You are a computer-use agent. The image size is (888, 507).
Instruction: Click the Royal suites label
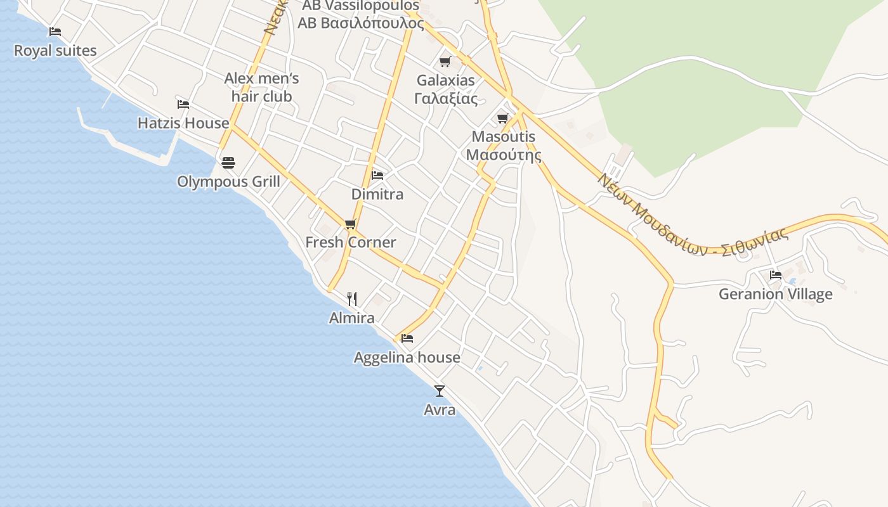tap(55, 51)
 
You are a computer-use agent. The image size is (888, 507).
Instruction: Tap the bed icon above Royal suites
tap(55, 31)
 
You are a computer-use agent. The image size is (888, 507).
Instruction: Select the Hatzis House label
tap(183, 123)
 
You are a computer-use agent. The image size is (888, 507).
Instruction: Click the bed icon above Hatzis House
tap(183, 104)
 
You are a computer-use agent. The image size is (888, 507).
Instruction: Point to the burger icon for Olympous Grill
tap(228, 163)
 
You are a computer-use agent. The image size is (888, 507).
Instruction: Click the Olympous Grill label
tap(228, 182)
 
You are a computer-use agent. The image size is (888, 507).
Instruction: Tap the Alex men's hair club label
tap(261, 87)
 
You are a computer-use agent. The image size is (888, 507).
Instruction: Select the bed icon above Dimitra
tap(377, 175)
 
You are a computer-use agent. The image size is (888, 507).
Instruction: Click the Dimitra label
tap(377, 194)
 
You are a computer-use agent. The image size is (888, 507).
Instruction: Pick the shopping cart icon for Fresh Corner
tap(350, 224)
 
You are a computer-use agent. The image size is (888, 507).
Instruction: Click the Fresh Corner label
tap(350, 242)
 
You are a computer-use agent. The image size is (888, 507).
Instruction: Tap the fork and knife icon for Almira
tap(352, 299)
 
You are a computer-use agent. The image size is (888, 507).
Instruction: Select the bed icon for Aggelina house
tap(407, 338)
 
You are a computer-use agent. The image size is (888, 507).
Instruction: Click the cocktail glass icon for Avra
tap(440, 391)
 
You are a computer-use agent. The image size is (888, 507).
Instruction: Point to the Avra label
tap(440, 410)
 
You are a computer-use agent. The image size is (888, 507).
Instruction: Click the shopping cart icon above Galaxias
tap(445, 62)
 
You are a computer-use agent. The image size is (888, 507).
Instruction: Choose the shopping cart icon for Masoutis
tap(503, 118)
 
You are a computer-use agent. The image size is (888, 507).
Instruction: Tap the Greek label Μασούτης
tap(504, 155)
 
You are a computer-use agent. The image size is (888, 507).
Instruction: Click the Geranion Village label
tap(775, 294)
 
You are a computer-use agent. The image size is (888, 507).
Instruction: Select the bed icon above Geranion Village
tap(775, 275)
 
